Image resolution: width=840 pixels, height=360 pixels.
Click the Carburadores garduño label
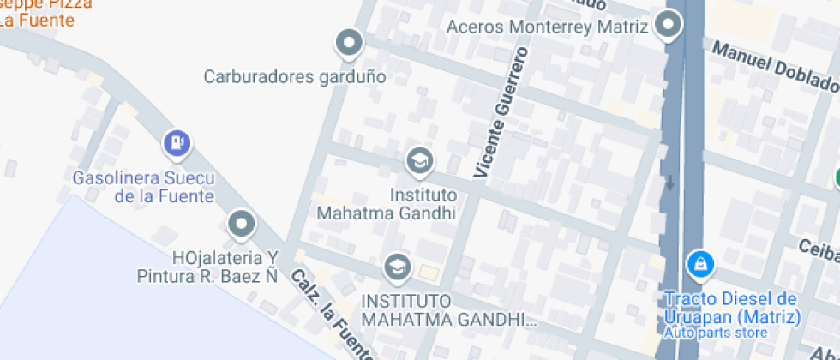click(x=294, y=76)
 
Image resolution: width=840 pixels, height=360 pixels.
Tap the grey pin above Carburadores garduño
click(x=348, y=42)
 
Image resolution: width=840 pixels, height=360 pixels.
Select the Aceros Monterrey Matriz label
click(x=547, y=27)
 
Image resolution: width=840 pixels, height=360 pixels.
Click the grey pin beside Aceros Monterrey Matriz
click(x=668, y=25)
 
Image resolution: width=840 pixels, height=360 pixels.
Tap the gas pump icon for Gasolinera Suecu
click(x=177, y=143)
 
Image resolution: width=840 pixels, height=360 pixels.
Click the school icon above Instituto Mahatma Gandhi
click(x=419, y=159)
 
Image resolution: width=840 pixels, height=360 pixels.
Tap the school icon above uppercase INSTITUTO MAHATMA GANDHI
click(x=396, y=267)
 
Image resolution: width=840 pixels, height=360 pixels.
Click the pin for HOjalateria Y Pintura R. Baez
click(x=242, y=225)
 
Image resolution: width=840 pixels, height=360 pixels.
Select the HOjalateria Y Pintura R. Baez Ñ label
click(x=208, y=267)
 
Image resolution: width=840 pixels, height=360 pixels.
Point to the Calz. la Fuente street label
click(x=330, y=315)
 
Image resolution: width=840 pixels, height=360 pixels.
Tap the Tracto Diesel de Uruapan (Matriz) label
click(x=732, y=308)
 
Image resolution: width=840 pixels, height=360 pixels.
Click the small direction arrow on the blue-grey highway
click(x=669, y=183)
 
